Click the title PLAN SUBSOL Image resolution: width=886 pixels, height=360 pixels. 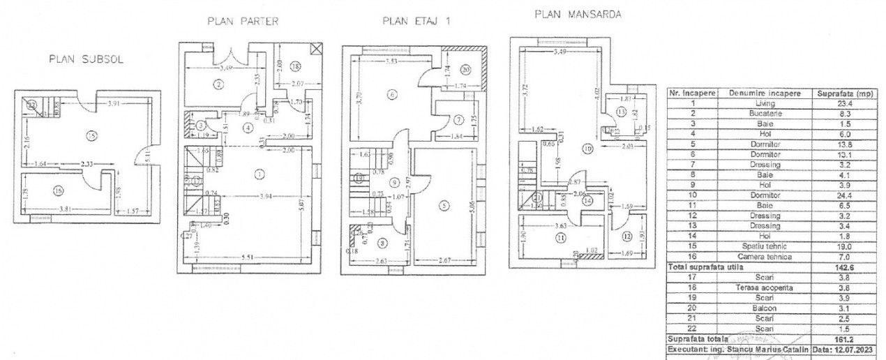[86, 59]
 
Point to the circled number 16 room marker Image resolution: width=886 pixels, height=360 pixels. [57, 190]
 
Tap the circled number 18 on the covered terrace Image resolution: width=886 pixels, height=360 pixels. [295, 66]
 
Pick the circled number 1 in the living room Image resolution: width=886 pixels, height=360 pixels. [260, 174]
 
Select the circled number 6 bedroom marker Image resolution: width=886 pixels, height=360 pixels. [393, 94]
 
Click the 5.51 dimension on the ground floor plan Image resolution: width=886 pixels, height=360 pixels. [248, 257]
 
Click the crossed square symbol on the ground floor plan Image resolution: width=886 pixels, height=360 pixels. [317, 49]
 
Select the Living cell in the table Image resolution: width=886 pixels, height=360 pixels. [765, 103]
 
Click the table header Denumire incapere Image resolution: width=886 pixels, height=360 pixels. [765, 93]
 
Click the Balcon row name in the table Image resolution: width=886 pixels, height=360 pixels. [765, 307]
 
